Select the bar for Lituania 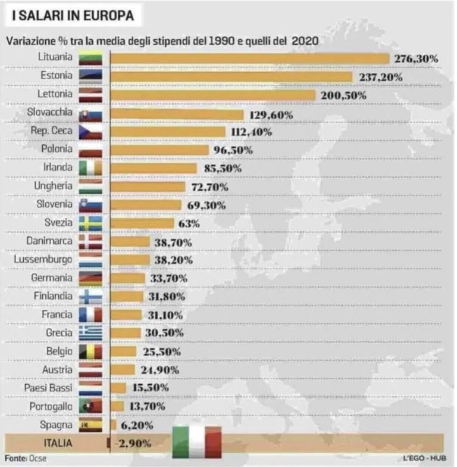tap(250, 58)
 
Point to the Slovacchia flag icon tap(90, 113)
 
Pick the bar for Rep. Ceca tap(168, 132)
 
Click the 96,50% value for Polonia tap(233, 150)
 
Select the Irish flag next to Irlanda tap(90, 169)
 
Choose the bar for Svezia tap(142, 223)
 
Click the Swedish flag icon tap(90, 223)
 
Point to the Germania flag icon tap(90, 279)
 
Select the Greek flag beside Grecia tap(90, 334)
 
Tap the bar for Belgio tap(124, 352)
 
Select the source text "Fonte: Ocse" tap(26, 459)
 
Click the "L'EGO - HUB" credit tap(424, 459)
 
